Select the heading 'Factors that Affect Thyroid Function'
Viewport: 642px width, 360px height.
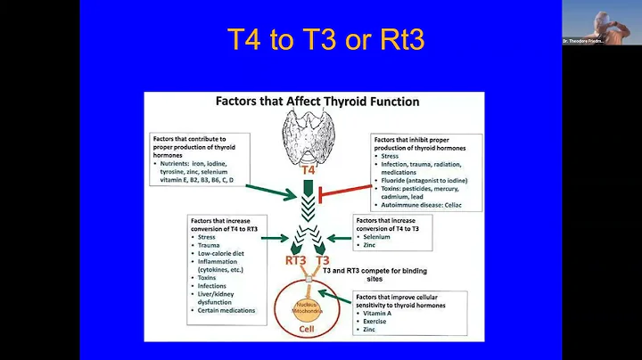317,102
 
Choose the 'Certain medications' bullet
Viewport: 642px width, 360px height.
229,311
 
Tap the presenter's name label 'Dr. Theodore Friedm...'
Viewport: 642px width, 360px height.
584,41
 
